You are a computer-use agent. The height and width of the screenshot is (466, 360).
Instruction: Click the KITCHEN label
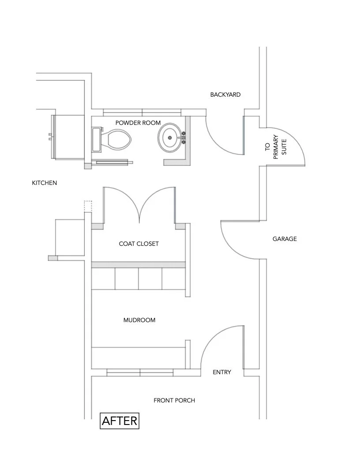click(45, 183)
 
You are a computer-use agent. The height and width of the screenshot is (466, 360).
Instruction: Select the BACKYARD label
click(225, 94)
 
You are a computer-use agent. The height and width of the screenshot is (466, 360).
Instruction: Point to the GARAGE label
click(285, 239)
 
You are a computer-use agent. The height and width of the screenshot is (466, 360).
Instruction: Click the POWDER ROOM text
click(138, 123)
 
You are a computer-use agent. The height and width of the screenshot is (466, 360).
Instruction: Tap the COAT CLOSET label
click(139, 244)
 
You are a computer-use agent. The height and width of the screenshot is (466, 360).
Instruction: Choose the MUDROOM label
click(139, 320)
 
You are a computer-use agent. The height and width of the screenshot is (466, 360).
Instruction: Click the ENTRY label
click(222, 372)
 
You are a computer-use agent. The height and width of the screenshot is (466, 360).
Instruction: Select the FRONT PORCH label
click(174, 400)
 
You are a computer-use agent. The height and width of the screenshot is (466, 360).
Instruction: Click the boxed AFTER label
click(120, 421)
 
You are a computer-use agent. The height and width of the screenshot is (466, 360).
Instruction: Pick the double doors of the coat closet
click(139, 203)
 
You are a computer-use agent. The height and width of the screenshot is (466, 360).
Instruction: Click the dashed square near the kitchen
click(88, 207)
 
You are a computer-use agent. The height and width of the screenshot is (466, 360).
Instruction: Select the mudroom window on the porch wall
click(140, 373)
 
